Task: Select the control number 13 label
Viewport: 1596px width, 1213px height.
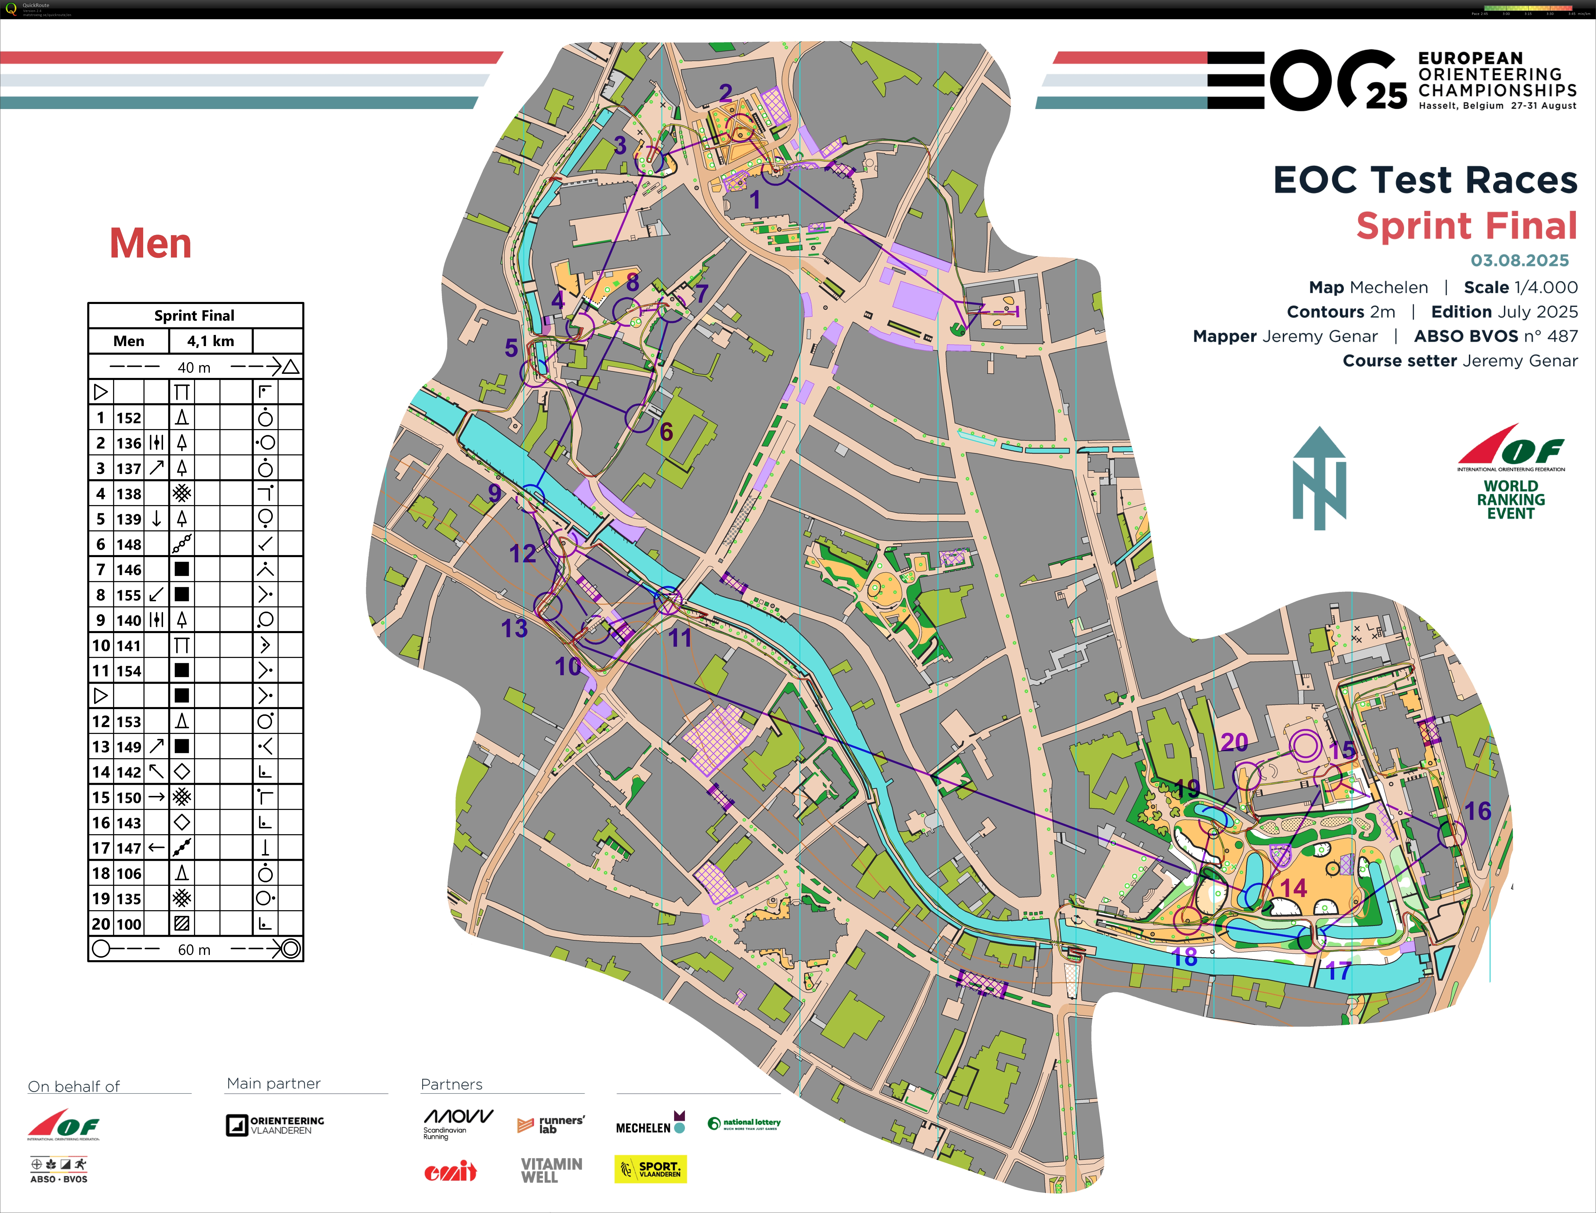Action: click(515, 628)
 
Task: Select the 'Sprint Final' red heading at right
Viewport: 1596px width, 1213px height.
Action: click(1466, 226)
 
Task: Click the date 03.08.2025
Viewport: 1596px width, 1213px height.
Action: click(1519, 261)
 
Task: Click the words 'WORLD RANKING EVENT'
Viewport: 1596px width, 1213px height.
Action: click(1511, 500)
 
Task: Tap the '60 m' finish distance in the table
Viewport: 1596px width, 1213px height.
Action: click(194, 949)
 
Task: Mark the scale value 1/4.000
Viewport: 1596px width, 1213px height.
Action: click(1520, 287)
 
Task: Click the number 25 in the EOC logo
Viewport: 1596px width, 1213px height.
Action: click(1386, 96)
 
